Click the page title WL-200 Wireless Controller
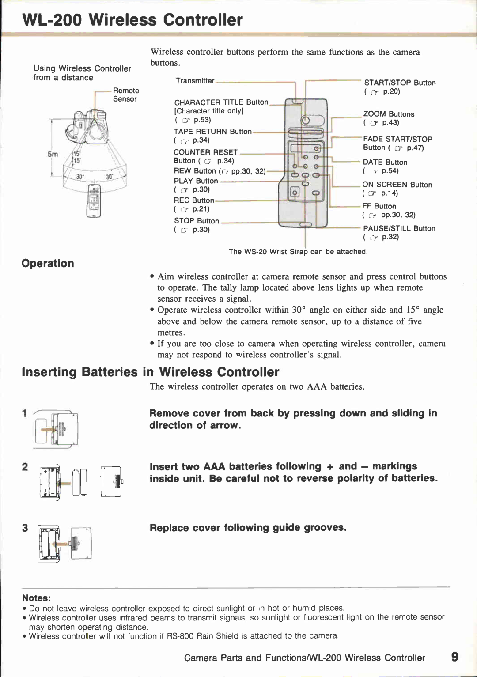tap(132, 20)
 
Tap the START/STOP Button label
tap(400, 83)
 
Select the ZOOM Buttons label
tap(389, 114)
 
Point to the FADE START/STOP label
tap(397, 139)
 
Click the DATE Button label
tap(385, 162)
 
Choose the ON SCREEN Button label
tap(397, 185)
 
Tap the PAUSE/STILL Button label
tap(399, 228)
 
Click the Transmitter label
tap(195, 81)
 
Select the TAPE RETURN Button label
tap(212, 132)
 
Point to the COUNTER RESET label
tap(205, 152)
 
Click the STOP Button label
tap(197, 221)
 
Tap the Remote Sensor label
tap(125, 95)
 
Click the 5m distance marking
tap(53, 154)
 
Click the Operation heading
tap(48, 264)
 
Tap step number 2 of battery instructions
tap(25, 467)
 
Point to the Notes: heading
tap(36, 598)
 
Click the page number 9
tap(454, 657)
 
